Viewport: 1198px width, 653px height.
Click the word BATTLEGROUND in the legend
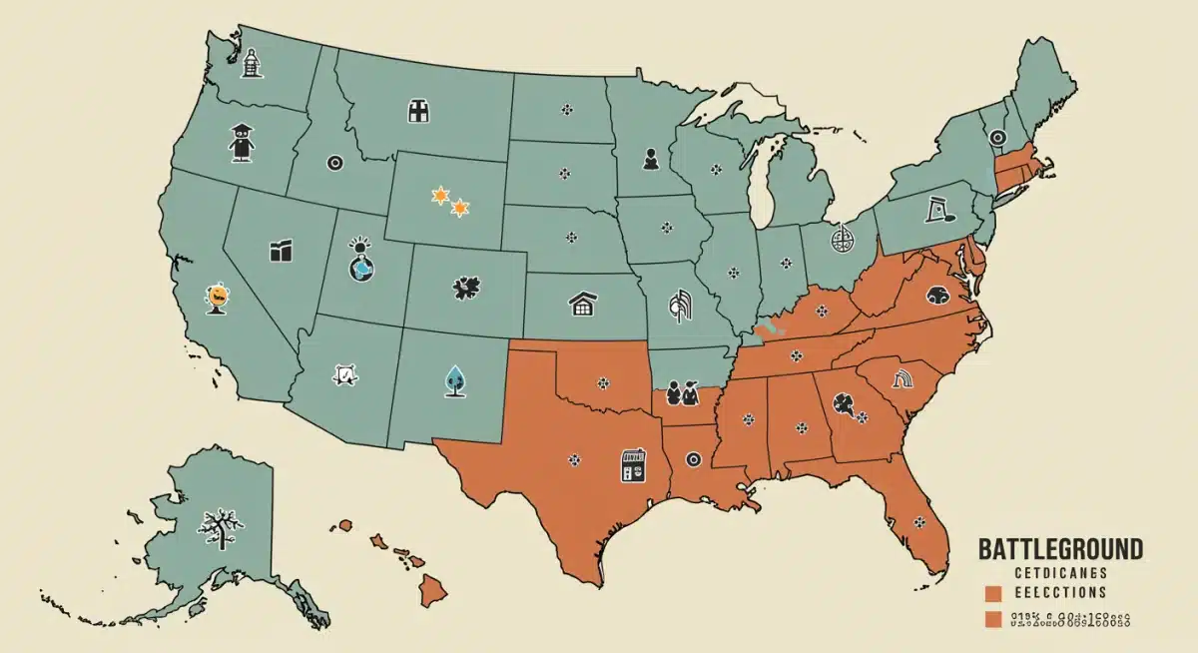point(1060,548)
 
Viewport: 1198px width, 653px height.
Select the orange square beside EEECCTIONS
point(993,593)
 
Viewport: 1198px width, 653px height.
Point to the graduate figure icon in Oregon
point(239,143)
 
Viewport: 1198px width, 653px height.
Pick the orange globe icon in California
point(217,296)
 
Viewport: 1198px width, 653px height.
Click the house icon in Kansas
point(582,304)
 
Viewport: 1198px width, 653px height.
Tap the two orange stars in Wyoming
point(449,202)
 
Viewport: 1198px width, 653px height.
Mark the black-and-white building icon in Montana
point(418,111)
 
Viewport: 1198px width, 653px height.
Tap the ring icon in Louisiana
point(694,458)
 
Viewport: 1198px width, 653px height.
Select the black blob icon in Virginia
point(939,294)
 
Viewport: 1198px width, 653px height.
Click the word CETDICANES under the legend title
point(1060,572)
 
